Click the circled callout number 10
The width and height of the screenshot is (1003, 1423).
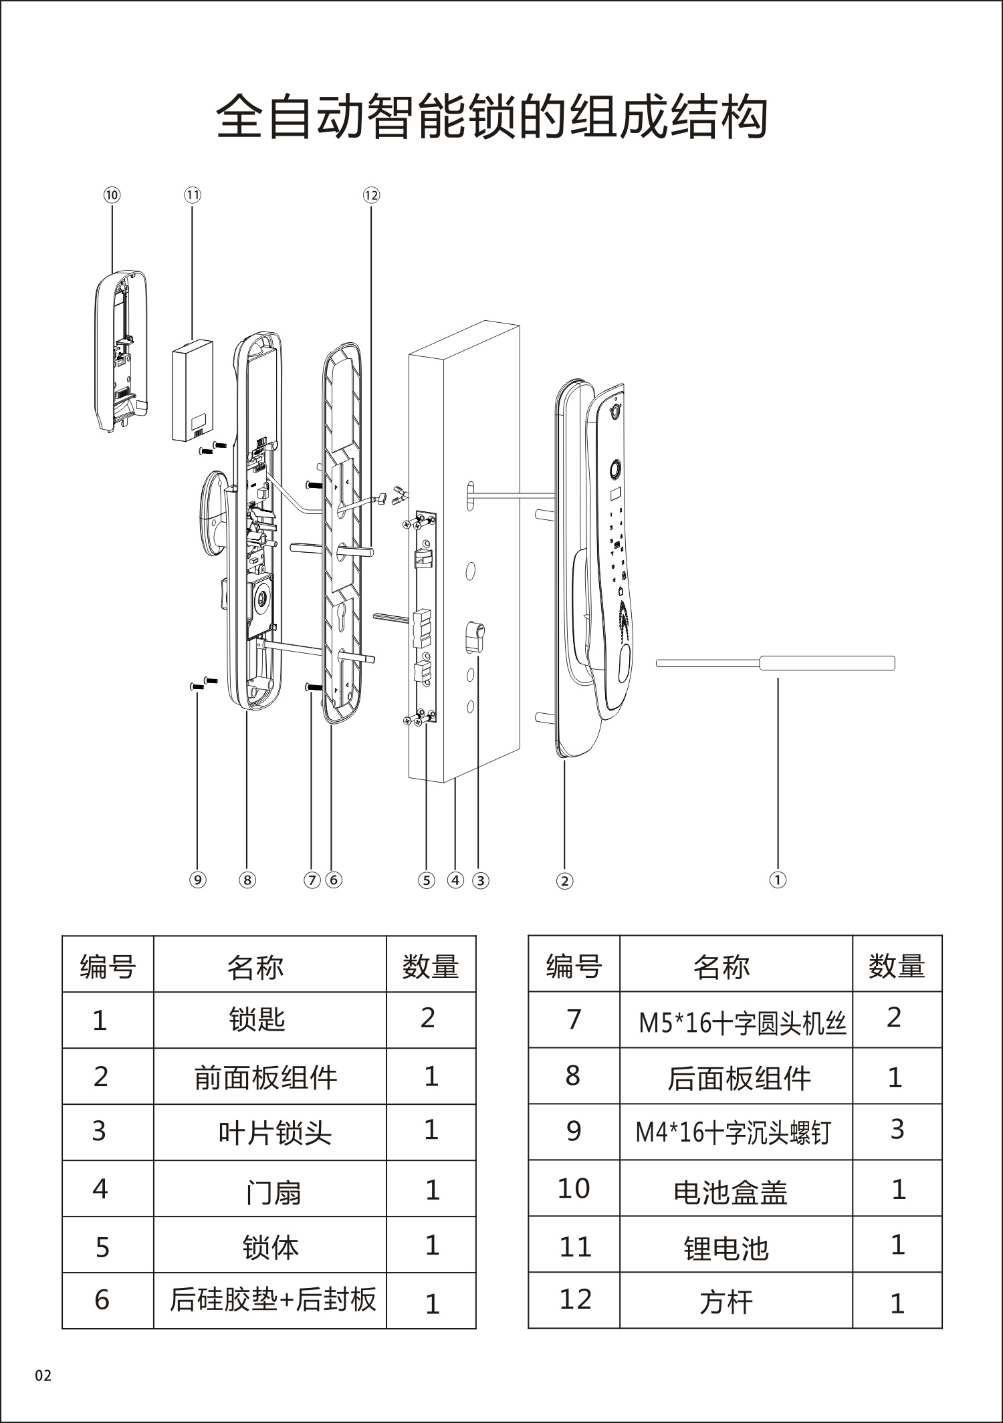111,195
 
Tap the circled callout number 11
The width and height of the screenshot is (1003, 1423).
192,195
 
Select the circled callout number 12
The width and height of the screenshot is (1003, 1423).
371,195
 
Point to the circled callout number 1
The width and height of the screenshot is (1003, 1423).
778,880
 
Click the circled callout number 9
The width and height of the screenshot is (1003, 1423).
197,880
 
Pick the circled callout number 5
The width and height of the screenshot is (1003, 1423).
427,880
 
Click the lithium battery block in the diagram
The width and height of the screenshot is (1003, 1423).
193,391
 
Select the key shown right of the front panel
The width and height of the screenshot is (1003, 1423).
776,663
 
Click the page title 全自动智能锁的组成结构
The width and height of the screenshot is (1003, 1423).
491,118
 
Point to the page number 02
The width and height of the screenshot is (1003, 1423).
43,1376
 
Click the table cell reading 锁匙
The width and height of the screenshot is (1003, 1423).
257,1020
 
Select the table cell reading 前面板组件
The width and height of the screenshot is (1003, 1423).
266,1077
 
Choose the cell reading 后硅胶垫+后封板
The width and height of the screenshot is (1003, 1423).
272,1299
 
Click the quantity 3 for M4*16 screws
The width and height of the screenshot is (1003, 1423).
897,1130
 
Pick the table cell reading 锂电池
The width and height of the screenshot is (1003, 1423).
726,1248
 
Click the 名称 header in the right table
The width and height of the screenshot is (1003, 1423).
721,966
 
